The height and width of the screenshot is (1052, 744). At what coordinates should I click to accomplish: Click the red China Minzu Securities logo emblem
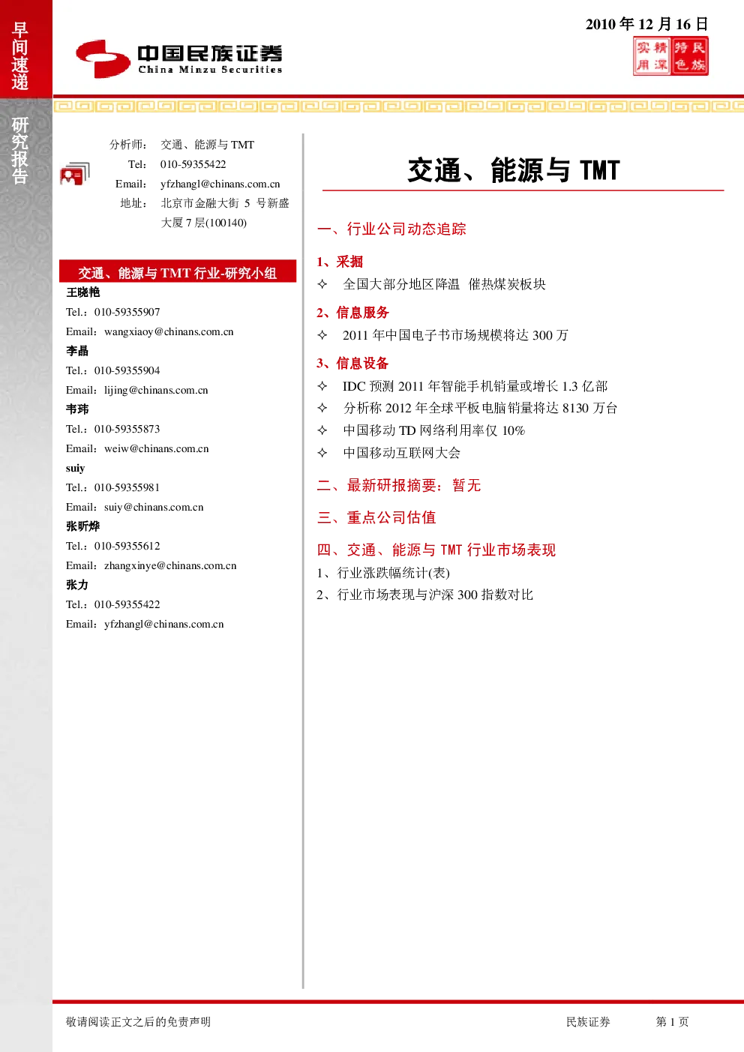coord(103,58)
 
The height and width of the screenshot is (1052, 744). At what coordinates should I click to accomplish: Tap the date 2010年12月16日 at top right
coord(646,24)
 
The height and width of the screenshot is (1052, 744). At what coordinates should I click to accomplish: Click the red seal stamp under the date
coord(670,56)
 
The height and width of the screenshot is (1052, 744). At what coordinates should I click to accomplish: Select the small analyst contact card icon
coord(75,174)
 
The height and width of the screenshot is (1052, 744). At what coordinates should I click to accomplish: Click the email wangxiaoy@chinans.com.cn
coord(169,331)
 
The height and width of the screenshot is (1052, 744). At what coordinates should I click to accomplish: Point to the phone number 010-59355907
coord(127,312)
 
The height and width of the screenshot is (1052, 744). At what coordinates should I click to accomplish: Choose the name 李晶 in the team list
coord(77,351)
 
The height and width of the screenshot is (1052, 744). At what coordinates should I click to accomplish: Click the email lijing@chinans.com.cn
coord(156,390)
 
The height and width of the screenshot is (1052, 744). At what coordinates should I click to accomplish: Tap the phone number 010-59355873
coord(127,429)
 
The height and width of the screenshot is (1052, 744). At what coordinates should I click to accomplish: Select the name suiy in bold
coord(75,468)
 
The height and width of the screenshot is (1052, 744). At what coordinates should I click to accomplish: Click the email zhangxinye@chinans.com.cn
coord(170,565)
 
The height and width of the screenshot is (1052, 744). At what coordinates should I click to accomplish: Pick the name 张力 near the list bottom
coord(77,585)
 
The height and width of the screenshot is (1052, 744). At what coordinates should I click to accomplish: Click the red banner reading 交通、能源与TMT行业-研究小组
coord(178,271)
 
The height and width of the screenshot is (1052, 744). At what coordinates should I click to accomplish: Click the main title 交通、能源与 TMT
coord(514,170)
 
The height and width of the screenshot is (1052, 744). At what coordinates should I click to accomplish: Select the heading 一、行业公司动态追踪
coord(391,229)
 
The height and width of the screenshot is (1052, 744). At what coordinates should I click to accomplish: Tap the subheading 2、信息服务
coord(352,313)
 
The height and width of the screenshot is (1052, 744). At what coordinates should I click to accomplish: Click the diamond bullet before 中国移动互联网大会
coord(322,453)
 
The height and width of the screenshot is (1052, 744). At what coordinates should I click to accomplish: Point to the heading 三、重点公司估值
coord(376,517)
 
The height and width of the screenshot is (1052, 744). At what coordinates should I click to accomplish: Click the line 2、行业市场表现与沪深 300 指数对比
coord(424,595)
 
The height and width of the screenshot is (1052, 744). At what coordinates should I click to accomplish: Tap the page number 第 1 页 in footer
coord(672,1021)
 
